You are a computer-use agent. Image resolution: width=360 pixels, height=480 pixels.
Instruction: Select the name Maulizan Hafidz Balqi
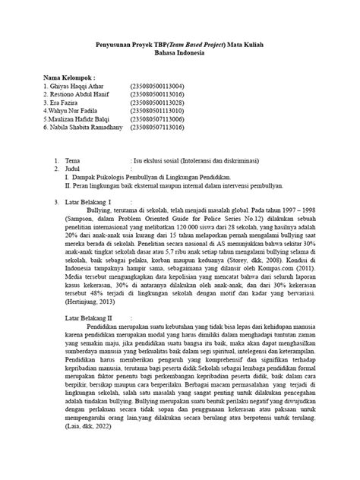(x=78, y=119)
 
